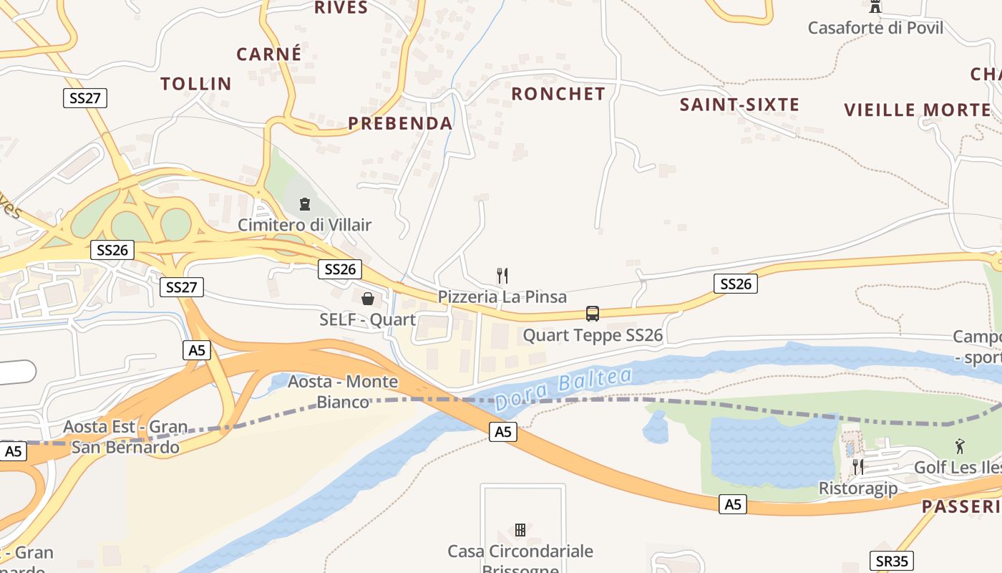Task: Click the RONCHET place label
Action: [558, 94]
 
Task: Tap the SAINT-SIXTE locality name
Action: [739, 105]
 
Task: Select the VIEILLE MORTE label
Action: [918, 110]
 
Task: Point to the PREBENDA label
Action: [401, 123]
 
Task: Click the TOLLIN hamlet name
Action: [196, 84]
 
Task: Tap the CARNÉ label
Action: [269, 54]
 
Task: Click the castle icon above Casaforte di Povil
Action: [875, 6]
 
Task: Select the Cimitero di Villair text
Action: [305, 225]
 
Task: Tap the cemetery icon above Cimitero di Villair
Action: [305, 205]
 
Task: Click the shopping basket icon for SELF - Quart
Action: [368, 299]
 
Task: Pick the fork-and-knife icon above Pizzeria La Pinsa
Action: [502, 275]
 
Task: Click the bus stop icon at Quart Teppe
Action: [593, 313]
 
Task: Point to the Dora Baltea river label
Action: [563, 389]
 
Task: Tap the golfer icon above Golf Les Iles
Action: [960, 447]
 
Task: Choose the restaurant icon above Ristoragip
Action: [857, 467]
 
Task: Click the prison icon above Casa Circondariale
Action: [520, 530]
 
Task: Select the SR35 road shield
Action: [892, 561]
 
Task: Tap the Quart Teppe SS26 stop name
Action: [593, 335]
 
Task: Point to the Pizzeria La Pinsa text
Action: [502, 297]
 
